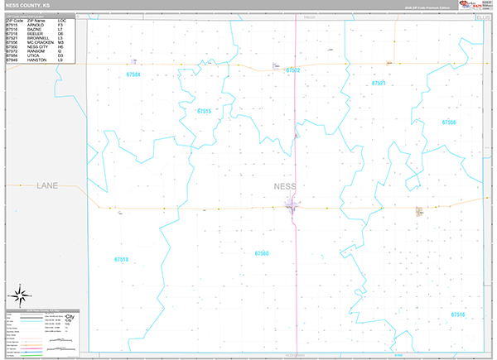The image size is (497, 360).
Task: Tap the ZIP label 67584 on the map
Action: click(133, 74)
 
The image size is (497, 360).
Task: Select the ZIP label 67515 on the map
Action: click(204, 111)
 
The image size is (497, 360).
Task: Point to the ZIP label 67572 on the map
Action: click(292, 70)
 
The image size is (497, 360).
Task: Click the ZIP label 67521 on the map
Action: click(379, 84)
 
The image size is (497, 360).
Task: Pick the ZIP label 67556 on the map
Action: click(448, 122)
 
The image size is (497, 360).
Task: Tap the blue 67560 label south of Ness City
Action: click(262, 253)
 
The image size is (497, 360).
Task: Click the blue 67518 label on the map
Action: click(121, 260)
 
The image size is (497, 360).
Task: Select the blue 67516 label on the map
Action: click(457, 314)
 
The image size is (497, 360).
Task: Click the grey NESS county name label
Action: click(284, 186)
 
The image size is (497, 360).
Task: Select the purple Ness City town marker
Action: click(294, 206)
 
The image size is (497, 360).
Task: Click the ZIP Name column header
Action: click(36, 21)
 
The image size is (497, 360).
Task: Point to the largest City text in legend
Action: click(70, 318)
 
